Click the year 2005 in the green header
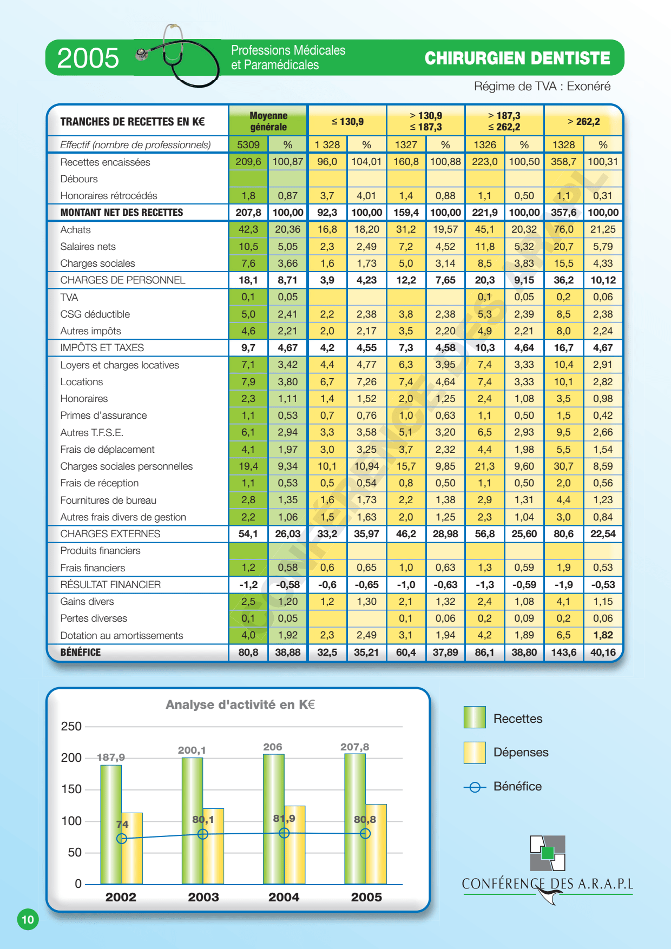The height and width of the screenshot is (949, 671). [x=88, y=58]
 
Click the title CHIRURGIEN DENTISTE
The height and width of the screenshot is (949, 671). [x=517, y=58]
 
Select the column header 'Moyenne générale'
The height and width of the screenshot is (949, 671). [x=268, y=121]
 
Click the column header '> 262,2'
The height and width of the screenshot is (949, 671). [x=583, y=121]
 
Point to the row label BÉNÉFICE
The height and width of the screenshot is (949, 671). [x=81, y=652]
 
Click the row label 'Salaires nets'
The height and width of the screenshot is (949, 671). [x=88, y=246]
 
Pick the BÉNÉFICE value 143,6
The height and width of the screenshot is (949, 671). [x=563, y=652]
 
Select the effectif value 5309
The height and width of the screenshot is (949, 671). [x=248, y=144]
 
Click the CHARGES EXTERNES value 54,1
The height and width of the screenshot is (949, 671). [x=248, y=533]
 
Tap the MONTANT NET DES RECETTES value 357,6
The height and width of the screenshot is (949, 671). [x=563, y=212]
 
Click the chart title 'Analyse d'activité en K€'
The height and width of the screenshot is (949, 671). [x=240, y=704]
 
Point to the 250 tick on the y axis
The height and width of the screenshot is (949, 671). [x=71, y=726]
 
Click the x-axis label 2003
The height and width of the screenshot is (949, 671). [x=203, y=897]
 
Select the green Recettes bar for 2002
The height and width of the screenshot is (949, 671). [x=111, y=825]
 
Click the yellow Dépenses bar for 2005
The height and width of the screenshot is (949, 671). [x=376, y=844]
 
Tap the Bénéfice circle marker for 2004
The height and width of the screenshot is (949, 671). [x=284, y=833]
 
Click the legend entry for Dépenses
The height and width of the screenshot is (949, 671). [x=506, y=752]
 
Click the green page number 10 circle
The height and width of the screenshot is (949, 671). [x=28, y=919]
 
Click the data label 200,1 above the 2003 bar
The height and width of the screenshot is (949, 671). [x=192, y=750]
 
